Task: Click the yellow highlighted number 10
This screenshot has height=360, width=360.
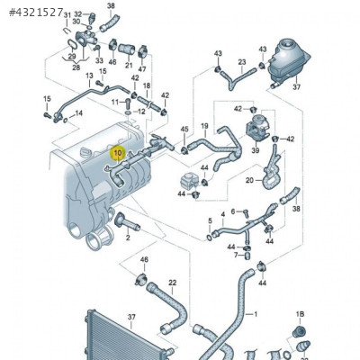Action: pyautogui.click(x=117, y=152)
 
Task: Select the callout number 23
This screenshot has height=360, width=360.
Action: pyautogui.click(x=241, y=62)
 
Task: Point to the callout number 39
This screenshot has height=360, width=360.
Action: pyautogui.click(x=256, y=151)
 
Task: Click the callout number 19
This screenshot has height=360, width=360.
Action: pyautogui.click(x=204, y=126)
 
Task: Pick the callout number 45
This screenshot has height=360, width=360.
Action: pyautogui.click(x=184, y=130)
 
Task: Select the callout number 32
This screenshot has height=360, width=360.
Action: pyautogui.click(x=78, y=15)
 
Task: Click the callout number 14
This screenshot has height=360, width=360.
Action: pyautogui.click(x=79, y=112)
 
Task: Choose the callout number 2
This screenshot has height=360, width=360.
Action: pyautogui.click(x=128, y=238)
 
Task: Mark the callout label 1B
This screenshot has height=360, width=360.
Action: pyautogui.click(x=301, y=313)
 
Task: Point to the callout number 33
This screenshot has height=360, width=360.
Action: pyautogui.click(x=99, y=60)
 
